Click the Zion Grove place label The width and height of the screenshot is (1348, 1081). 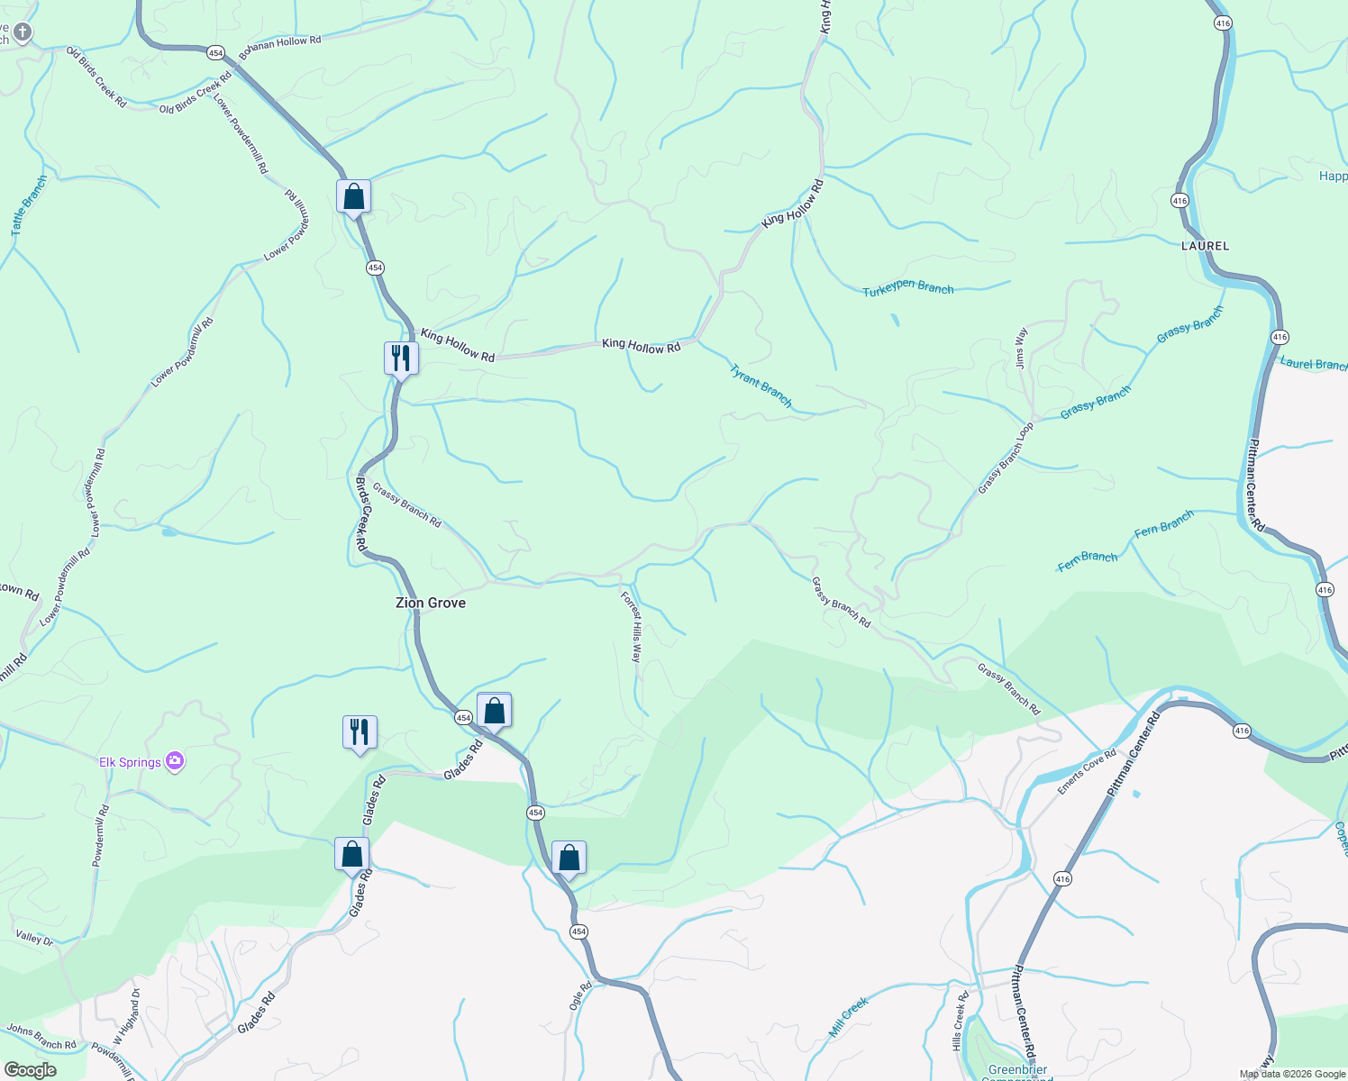click(431, 603)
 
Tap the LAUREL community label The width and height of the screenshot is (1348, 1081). click(1205, 246)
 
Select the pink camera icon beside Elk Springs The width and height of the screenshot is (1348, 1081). click(175, 762)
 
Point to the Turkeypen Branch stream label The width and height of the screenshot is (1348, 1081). click(907, 289)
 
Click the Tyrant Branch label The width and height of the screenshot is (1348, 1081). click(761, 386)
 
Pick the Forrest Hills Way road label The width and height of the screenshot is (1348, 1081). click(631, 627)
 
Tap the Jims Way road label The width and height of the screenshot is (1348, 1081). click(1021, 348)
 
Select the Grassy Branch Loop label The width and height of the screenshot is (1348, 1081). click(1006, 459)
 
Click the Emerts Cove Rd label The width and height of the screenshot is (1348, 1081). click(1087, 772)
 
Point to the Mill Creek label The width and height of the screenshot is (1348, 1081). click(848, 1017)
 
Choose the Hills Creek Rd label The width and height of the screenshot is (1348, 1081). click(960, 1021)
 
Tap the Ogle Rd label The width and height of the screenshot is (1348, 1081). click(581, 995)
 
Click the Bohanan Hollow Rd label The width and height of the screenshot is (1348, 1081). click(280, 42)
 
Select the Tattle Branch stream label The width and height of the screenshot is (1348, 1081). click(29, 207)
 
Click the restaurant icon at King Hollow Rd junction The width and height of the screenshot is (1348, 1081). click(400, 359)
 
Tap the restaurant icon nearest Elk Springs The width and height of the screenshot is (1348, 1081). click(359, 732)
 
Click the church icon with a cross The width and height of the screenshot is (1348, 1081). click(22, 33)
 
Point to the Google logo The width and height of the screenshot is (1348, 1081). click(30, 1070)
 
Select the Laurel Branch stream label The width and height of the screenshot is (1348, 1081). click(1312, 364)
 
